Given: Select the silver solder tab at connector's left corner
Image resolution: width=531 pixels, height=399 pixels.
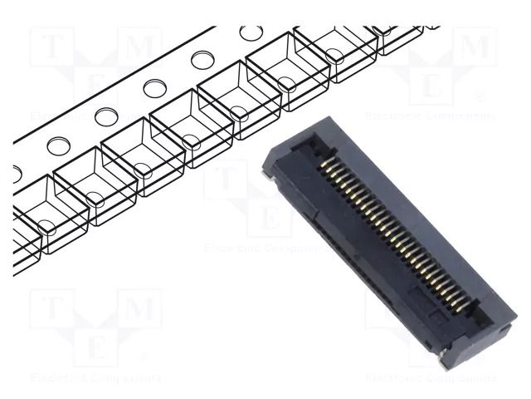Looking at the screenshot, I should [268, 172].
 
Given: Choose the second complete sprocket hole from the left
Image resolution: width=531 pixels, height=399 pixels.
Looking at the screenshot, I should [105, 116].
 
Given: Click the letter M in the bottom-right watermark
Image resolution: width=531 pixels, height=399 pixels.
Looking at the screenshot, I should [474, 309].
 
